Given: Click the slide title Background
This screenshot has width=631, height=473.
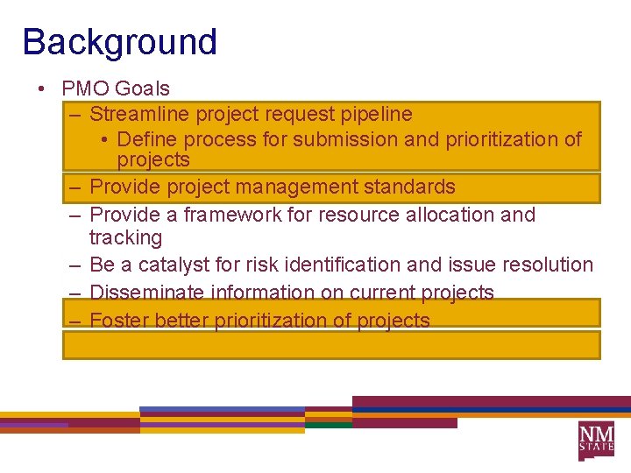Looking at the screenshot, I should click(119, 42).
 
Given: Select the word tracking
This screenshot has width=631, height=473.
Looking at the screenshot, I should click(125, 237).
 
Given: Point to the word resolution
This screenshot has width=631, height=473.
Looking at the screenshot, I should click(548, 265).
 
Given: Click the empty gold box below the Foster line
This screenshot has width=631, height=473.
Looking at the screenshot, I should click(331, 345).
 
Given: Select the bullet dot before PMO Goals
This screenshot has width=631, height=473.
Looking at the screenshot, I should click(41, 89).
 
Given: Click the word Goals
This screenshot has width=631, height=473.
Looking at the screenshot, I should click(142, 88).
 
